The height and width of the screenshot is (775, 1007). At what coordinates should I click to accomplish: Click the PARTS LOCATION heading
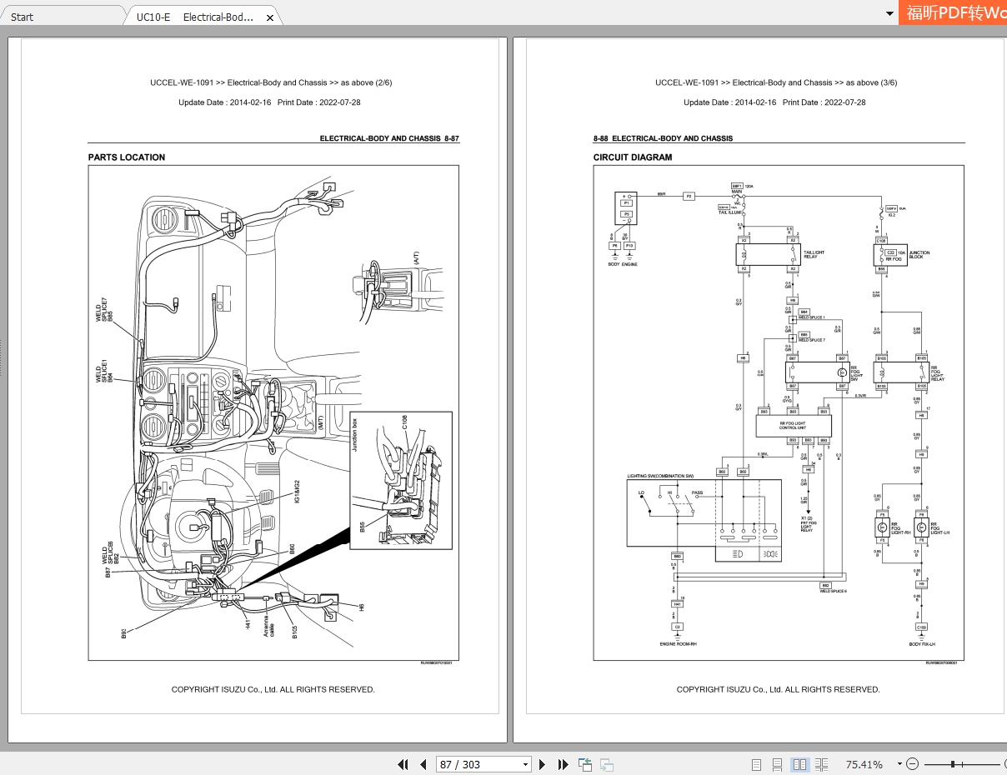tap(127, 157)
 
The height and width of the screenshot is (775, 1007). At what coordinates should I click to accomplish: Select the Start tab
tap(23, 17)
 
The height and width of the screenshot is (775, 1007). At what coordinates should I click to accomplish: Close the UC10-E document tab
tap(270, 17)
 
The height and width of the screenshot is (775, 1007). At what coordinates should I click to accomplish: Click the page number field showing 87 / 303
tap(484, 764)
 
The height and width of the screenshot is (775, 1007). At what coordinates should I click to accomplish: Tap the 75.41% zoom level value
tap(864, 764)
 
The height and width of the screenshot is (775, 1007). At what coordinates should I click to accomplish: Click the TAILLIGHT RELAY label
tap(814, 253)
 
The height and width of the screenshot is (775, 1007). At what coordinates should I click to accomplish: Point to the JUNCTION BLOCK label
tap(919, 253)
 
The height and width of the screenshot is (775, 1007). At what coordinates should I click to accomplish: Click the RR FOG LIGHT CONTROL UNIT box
tap(793, 425)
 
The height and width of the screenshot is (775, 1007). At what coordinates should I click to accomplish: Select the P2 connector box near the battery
tap(689, 196)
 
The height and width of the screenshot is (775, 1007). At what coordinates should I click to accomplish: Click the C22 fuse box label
tap(890, 252)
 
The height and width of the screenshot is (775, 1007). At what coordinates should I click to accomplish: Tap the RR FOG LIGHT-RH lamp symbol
tap(880, 527)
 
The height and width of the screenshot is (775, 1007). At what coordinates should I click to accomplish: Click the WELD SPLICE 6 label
tap(833, 591)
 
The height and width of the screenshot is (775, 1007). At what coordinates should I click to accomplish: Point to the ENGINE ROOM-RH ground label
tap(678, 644)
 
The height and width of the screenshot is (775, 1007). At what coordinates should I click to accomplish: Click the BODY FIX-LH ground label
tap(922, 644)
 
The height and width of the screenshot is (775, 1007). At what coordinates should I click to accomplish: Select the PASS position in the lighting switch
tap(697, 492)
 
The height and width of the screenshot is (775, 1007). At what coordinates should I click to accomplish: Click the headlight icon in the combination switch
tap(737, 553)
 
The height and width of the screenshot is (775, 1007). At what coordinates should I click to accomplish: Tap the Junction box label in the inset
tap(354, 435)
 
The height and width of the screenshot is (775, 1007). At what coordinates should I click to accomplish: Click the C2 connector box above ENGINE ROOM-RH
tap(678, 626)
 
